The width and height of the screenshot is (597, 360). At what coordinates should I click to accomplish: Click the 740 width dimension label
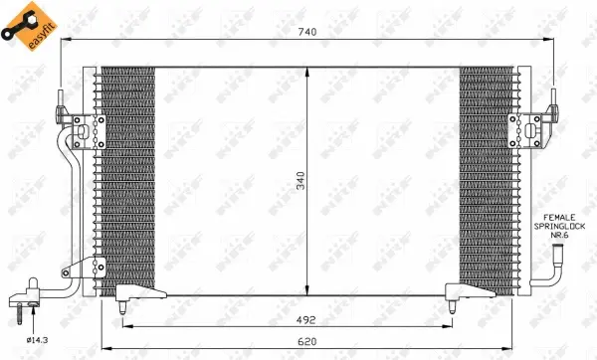306,33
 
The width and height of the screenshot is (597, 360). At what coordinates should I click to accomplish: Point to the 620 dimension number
308,341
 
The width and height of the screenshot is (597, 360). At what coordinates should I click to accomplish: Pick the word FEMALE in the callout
559,217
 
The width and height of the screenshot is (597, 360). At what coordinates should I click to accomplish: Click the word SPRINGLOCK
560,228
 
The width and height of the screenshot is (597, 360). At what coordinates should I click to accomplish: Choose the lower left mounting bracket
99,266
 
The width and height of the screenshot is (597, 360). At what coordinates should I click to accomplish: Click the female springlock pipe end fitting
559,261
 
